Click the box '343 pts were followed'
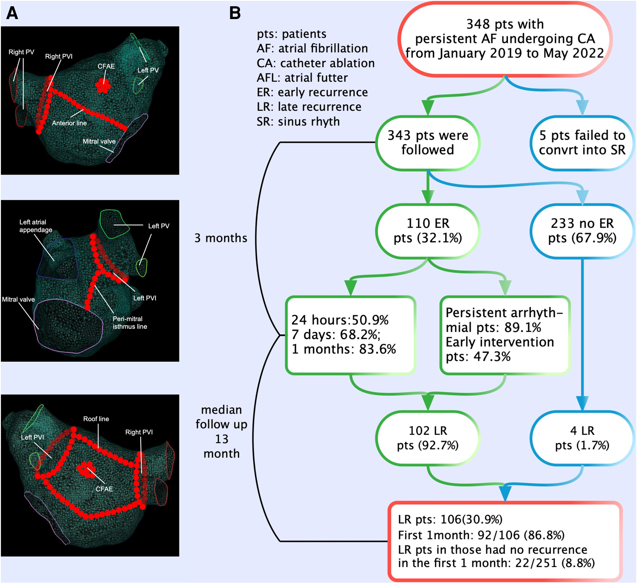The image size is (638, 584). click(x=428, y=143)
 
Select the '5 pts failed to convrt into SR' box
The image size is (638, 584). click(x=582, y=143)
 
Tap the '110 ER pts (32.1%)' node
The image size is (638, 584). click(x=428, y=231)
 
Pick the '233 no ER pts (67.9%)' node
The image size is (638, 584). click(x=582, y=231)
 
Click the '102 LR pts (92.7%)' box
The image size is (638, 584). click(x=428, y=438)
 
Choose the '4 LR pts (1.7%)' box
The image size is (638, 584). click(x=582, y=438)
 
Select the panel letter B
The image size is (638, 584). click(x=235, y=13)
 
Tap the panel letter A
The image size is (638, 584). click(x=12, y=13)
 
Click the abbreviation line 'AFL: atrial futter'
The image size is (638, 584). click(x=302, y=78)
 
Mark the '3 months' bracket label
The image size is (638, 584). click(x=220, y=238)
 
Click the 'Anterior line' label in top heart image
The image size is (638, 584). click(x=69, y=123)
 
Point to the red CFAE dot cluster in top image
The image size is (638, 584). click(x=103, y=85)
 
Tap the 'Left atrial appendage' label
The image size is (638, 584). click(x=36, y=226)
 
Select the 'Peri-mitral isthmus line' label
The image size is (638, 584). click(x=129, y=323)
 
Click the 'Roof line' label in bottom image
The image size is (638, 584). click(x=96, y=419)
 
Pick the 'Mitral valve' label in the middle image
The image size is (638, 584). click(x=18, y=300)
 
